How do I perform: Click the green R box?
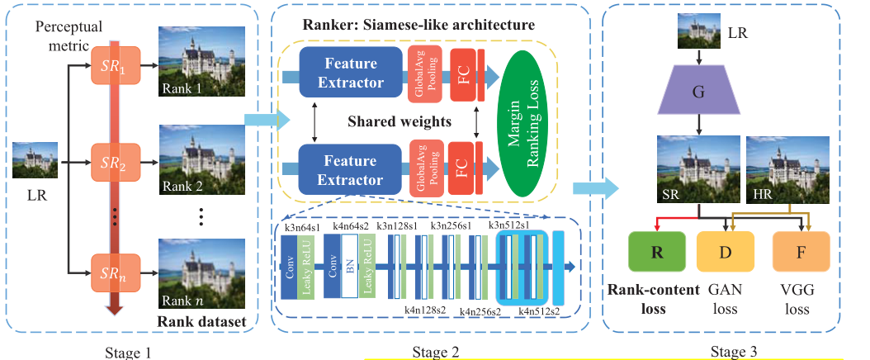coord(656,253)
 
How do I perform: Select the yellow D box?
coord(725,253)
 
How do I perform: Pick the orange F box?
coord(800,253)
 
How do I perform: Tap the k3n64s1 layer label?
coord(303,225)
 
